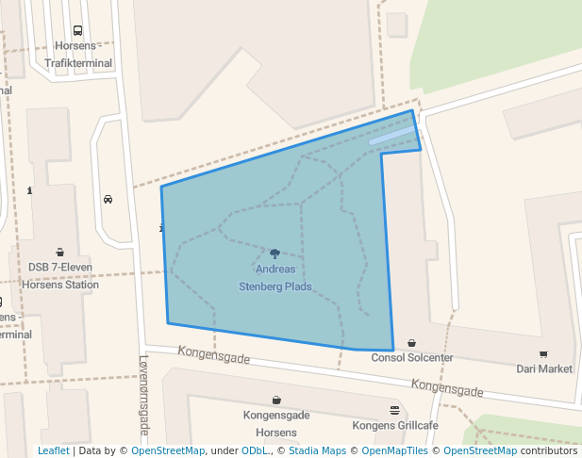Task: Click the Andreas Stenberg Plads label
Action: coord(275,278)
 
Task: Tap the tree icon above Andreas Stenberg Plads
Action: coord(275,254)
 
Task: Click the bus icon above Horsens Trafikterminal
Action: coord(76,30)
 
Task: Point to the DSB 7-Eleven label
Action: coord(60,268)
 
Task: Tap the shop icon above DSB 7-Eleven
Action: coord(60,252)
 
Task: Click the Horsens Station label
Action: coord(60,285)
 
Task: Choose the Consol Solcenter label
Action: coord(412,358)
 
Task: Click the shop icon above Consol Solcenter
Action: coord(411,343)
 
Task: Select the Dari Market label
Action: coord(544,368)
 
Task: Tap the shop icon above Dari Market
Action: coord(544,353)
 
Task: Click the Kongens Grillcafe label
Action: coord(394,425)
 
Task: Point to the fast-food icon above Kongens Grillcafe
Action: coord(394,409)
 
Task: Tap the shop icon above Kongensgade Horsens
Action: coord(276,400)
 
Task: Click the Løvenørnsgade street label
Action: coord(143,394)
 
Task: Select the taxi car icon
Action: coord(108,199)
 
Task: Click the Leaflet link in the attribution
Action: coord(53,450)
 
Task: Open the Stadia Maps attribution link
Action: coord(319,450)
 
